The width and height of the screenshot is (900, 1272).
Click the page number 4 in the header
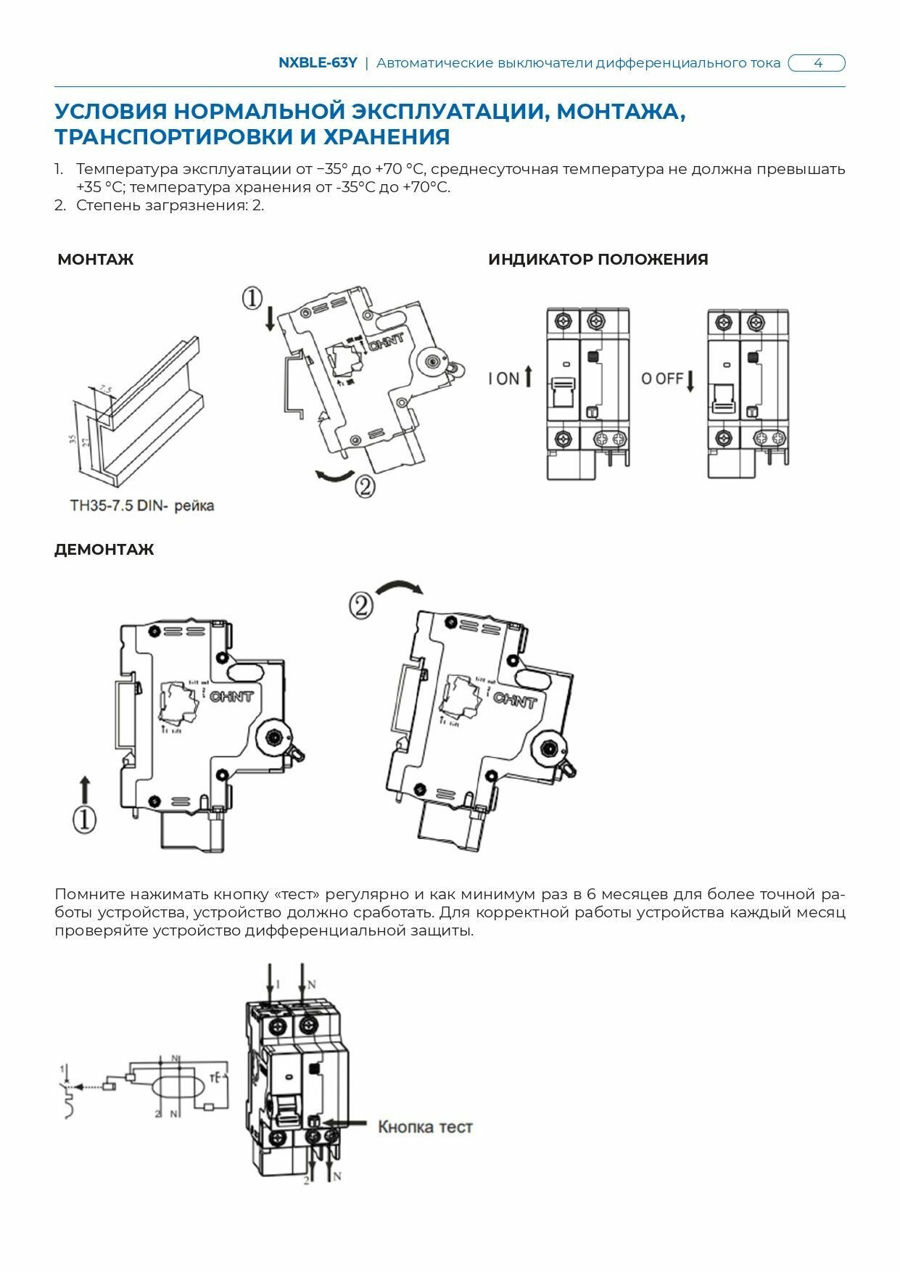click(817, 63)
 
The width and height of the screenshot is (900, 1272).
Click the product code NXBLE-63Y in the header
click(318, 63)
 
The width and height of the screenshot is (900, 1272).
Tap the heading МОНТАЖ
click(96, 260)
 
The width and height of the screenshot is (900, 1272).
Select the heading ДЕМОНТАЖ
click(104, 550)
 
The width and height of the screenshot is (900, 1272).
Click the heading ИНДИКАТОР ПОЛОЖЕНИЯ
click(598, 260)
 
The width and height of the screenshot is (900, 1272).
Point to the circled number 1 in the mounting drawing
click(252, 297)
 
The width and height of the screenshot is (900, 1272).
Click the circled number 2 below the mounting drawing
click(365, 485)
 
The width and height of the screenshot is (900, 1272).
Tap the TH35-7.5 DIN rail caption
click(142, 505)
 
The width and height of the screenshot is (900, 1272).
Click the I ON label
click(504, 379)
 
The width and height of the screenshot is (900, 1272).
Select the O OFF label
click(662, 379)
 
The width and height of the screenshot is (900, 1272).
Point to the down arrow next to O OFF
click(690, 381)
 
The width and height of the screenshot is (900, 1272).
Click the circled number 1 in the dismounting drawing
click(84, 820)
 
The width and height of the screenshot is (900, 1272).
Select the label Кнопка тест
click(425, 1126)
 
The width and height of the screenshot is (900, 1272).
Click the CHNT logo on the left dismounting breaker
click(231, 696)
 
